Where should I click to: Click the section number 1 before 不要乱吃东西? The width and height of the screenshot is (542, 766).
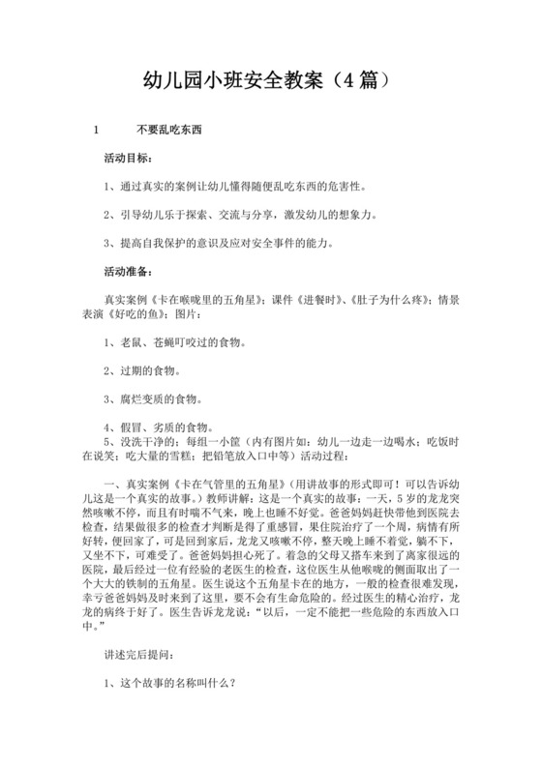(x=94, y=130)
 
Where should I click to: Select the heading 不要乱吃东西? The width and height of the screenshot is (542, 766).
(x=169, y=130)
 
